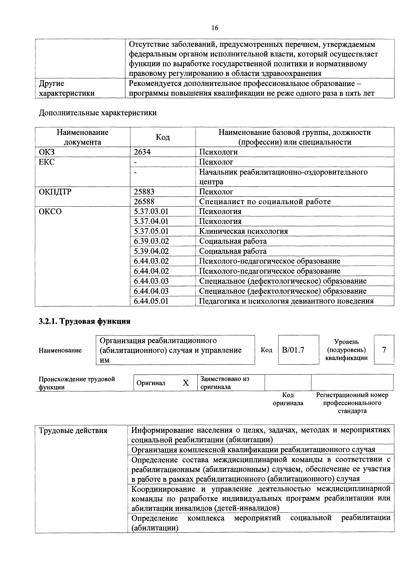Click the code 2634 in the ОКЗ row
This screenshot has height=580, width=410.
tap(142, 152)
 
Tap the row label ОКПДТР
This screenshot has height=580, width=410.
tap(55, 192)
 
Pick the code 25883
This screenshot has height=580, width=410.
tap(144, 192)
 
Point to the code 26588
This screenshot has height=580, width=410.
tap(144, 202)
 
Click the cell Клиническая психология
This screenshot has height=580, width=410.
tap(244, 231)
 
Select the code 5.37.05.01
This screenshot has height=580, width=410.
tap(151, 231)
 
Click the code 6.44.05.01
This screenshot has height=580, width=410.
tap(151, 301)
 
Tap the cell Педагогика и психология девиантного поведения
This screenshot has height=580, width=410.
tap(286, 301)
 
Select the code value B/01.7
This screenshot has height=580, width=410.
tap(293, 350)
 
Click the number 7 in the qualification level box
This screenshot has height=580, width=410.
tap(384, 350)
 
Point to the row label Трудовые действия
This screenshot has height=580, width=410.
tap(73, 430)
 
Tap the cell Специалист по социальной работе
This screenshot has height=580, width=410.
tap(265, 202)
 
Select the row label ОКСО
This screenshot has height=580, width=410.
tap(50, 211)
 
